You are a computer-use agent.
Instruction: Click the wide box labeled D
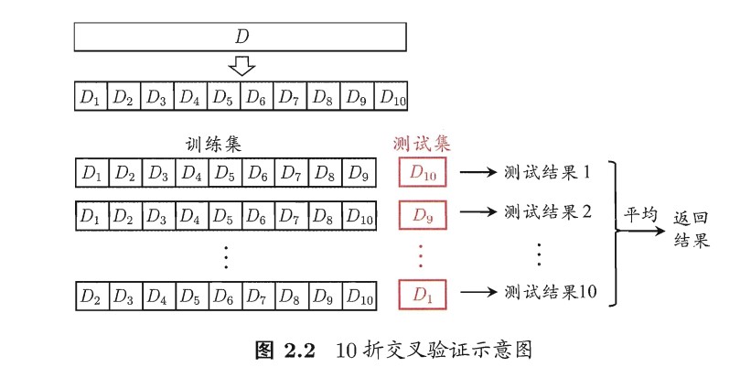click(x=240, y=37)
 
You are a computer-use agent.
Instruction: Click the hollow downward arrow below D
click(x=241, y=66)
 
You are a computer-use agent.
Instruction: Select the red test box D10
click(x=421, y=171)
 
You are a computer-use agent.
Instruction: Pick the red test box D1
click(x=421, y=295)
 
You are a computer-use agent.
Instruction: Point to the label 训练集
click(x=213, y=144)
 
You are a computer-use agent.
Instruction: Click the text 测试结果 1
click(x=548, y=171)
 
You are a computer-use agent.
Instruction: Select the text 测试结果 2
click(x=548, y=212)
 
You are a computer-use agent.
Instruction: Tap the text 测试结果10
click(x=550, y=293)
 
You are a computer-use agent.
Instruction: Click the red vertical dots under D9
click(x=421, y=254)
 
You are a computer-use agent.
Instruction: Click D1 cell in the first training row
click(x=90, y=171)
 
